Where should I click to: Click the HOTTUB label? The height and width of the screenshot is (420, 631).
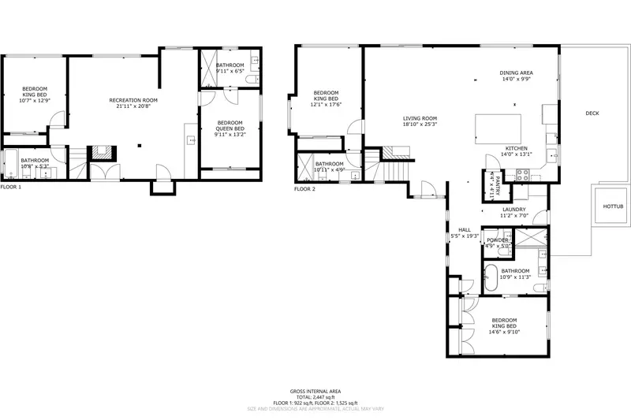(x=612, y=206)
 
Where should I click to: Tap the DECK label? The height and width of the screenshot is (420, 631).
(x=592, y=113)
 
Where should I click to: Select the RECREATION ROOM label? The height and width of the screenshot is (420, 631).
(x=133, y=100)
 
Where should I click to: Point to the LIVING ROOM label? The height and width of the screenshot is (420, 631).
(x=420, y=118)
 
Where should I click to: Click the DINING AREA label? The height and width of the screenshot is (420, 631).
(x=516, y=72)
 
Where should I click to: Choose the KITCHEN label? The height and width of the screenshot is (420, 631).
(x=517, y=148)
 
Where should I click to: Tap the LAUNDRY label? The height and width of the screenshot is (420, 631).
(x=513, y=209)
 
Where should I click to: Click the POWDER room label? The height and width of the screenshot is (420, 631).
(x=497, y=240)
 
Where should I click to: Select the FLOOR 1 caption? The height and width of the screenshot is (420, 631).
(x=11, y=187)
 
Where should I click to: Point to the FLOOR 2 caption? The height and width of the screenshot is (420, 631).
(x=304, y=189)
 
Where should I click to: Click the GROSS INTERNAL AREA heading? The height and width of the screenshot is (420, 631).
(x=315, y=391)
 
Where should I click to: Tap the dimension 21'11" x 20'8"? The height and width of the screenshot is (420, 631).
(x=133, y=106)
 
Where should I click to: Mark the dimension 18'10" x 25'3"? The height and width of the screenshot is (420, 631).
(x=420, y=125)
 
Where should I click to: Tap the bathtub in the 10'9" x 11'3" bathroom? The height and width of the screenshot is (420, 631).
(x=490, y=277)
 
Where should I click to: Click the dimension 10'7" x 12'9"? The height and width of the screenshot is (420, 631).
(x=35, y=101)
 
